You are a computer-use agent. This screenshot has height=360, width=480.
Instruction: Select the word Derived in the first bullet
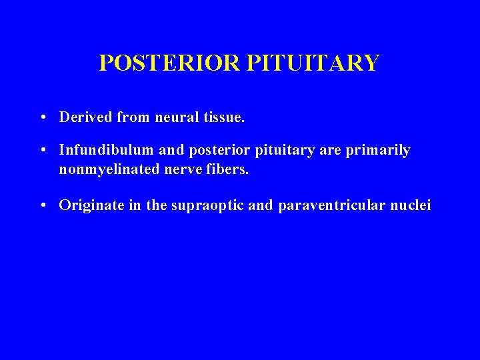[86, 117]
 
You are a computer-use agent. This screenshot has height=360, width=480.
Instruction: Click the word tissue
[226, 117]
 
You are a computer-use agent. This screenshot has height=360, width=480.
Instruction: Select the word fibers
[227, 169]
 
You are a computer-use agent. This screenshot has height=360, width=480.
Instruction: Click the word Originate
[91, 205]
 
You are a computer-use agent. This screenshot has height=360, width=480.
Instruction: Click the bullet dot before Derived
[43, 118]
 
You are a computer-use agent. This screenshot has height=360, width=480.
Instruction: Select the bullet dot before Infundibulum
[43, 151]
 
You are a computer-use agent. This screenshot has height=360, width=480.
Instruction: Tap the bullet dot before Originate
[43, 206]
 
